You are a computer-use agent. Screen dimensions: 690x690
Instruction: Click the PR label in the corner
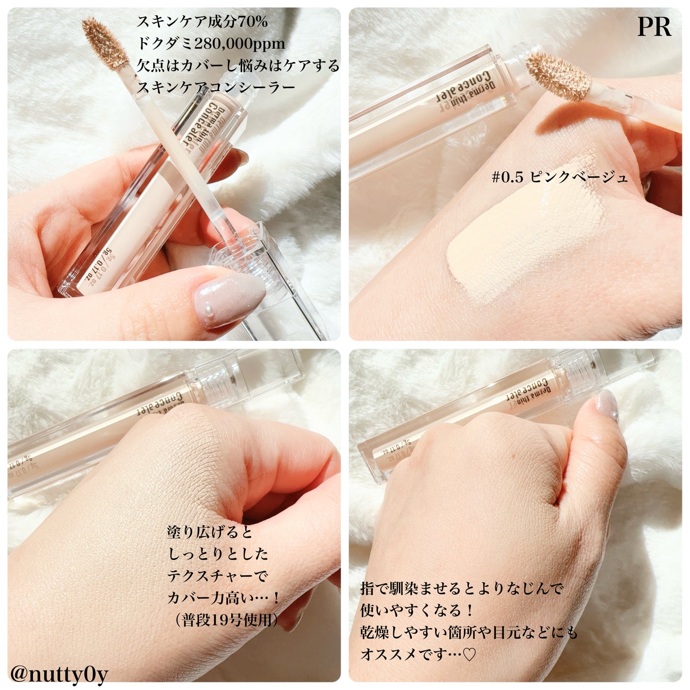654,28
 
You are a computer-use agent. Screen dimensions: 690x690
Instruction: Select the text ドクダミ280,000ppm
211,44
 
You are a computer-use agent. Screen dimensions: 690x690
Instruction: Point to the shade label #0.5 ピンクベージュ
560,177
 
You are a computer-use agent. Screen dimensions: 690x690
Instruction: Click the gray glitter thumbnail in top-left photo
228,301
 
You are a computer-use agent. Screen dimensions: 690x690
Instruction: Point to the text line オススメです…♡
419,655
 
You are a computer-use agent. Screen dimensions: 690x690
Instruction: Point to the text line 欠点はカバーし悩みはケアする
238,66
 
